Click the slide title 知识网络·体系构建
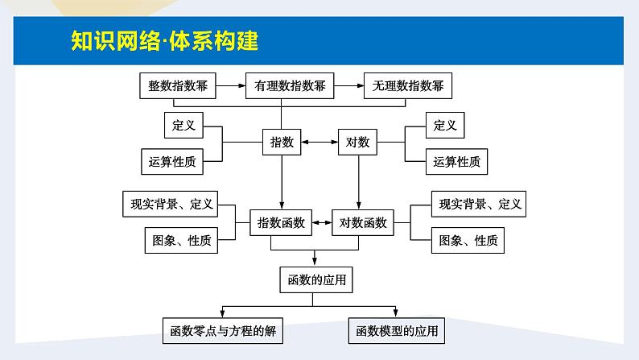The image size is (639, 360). tap(164, 41)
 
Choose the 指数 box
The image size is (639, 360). tap(282, 143)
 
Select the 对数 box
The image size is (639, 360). tap(357, 143)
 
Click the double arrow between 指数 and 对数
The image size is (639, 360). tap(319, 143)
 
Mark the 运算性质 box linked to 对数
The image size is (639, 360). tap(456, 161)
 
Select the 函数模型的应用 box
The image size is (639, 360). tap(398, 330)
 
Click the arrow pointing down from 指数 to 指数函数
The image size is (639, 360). tap(282, 182)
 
